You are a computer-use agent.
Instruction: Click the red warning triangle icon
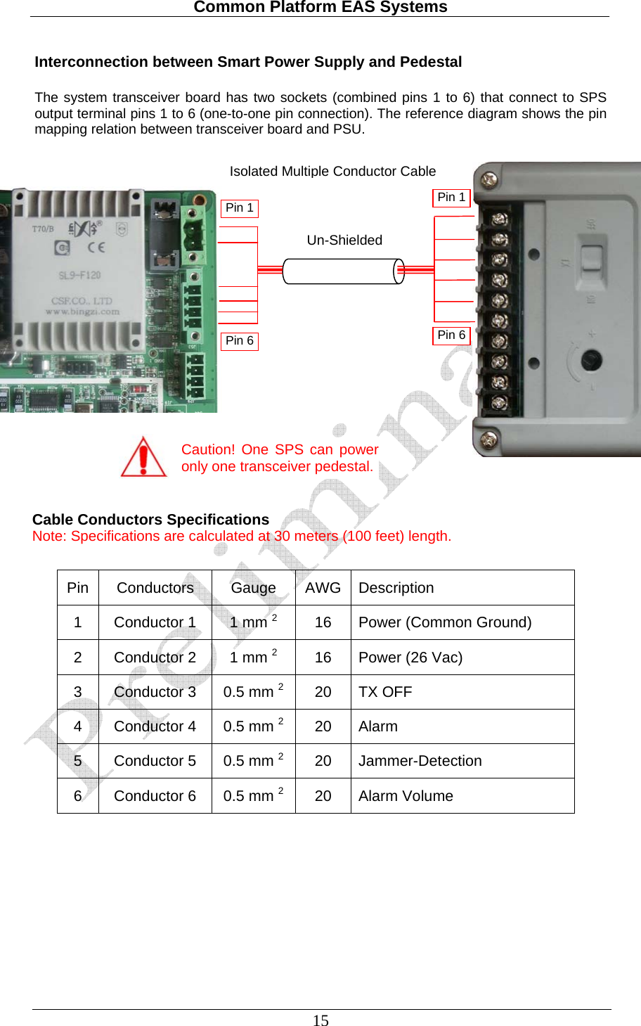pos(144,458)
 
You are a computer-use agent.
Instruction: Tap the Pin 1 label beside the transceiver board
pos(240,208)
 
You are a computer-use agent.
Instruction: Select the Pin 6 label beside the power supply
pos(451,335)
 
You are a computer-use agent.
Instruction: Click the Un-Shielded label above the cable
pos(344,241)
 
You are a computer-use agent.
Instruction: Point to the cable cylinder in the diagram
pos(343,271)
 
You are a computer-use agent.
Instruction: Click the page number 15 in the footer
pos(320,1020)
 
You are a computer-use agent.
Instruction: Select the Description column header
pos(396,588)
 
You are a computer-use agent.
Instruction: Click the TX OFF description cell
pos(385,692)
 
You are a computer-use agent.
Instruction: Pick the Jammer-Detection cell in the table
pos(420,761)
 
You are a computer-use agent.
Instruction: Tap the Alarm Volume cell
pos(406,796)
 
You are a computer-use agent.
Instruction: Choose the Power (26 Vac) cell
pos(410,658)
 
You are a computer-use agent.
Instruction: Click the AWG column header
pos(323,588)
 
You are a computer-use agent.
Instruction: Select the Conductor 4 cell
pos(155,726)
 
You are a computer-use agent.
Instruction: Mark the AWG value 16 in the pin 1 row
pos(323,622)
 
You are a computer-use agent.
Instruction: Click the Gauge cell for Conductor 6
pos(253,795)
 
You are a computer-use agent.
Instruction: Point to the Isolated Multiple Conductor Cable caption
pos(332,172)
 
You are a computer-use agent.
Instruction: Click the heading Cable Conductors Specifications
pos(150,520)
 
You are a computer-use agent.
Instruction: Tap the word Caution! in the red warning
pos(208,450)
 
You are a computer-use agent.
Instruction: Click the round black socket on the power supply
pos(590,360)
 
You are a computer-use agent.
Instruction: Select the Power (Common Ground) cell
pos(445,622)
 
